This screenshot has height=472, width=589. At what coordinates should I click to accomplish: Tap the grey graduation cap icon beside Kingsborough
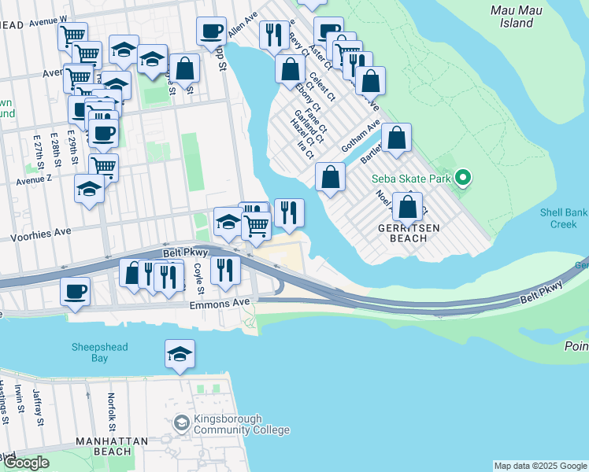[x=182, y=424]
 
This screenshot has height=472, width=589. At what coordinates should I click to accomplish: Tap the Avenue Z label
[x=34, y=179]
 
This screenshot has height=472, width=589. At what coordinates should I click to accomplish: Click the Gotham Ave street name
[x=361, y=136]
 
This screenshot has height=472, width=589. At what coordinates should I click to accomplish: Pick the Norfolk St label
[x=113, y=408]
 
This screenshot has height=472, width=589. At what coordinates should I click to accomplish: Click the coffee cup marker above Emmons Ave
[x=76, y=291]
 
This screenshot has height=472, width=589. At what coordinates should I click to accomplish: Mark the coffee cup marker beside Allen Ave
[x=211, y=31]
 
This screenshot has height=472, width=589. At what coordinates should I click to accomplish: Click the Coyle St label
[x=200, y=275]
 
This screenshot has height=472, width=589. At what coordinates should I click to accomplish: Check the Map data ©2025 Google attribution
[x=540, y=466]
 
